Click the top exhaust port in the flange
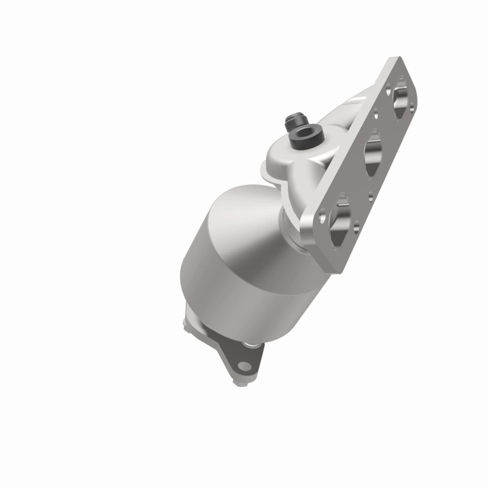[x=400, y=98]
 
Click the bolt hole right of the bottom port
[x=356, y=228]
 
